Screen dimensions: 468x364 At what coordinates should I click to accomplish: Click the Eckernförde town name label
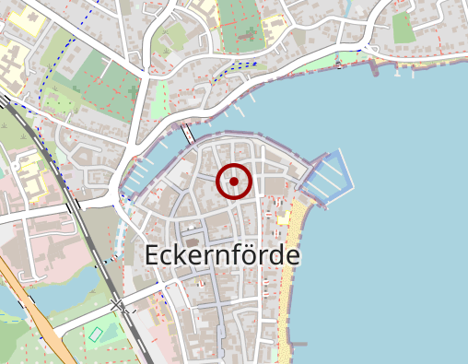[x=223, y=255]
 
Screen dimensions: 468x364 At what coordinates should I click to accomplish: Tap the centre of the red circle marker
[x=234, y=182]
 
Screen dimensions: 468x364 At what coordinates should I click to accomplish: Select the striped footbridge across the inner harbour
[x=189, y=133]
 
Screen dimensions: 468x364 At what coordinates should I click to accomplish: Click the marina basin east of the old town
[x=327, y=176]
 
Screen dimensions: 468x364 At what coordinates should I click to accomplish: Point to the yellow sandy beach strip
[x=294, y=267]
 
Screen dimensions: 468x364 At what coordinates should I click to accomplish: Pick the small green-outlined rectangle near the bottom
[x=95, y=334]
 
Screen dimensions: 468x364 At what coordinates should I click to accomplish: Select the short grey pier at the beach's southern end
[x=297, y=345]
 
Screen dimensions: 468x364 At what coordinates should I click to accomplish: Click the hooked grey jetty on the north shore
[x=375, y=66]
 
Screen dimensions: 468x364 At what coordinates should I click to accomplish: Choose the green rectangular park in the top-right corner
[x=404, y=28]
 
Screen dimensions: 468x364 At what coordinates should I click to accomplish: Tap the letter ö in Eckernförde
[x=254, y=254]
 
